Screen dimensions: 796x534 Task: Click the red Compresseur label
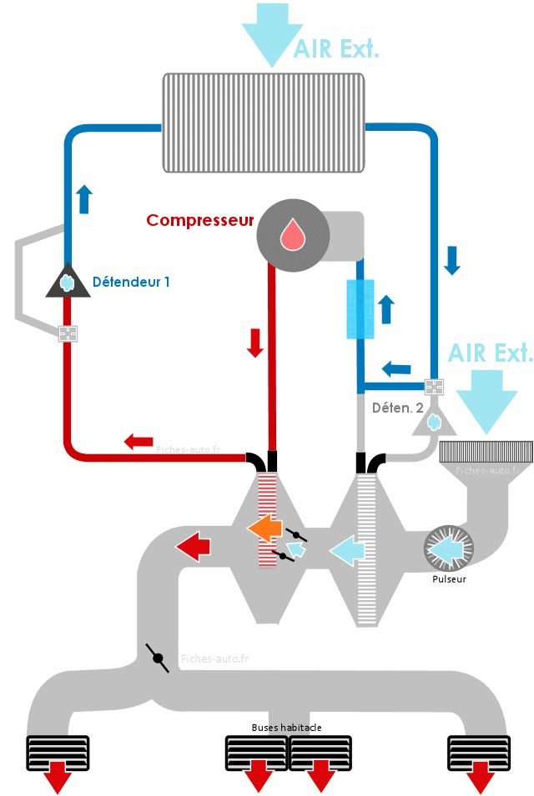[199, 220]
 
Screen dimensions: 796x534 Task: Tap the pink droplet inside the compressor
[293, 234]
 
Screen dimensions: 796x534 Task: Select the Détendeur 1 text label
[131, 282]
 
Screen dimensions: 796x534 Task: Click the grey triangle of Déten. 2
[434, 422]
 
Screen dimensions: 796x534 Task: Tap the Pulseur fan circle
[449, 548]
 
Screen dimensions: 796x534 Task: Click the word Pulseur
[449, 578]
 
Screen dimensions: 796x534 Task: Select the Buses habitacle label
[286, 727]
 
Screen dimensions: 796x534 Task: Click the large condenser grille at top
[263, 123]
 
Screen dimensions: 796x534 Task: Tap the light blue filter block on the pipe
[360, 308]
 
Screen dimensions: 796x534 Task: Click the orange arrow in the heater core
[264, 528]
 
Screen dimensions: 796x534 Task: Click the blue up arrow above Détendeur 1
[83, 199]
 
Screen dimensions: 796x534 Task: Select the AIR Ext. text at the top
[336, 48]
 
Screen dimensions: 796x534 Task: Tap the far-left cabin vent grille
[58, 752]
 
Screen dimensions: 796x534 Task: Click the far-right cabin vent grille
[479, 752]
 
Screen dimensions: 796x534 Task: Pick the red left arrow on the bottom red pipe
[139, 440]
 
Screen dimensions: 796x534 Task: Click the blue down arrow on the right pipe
[452, 260]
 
